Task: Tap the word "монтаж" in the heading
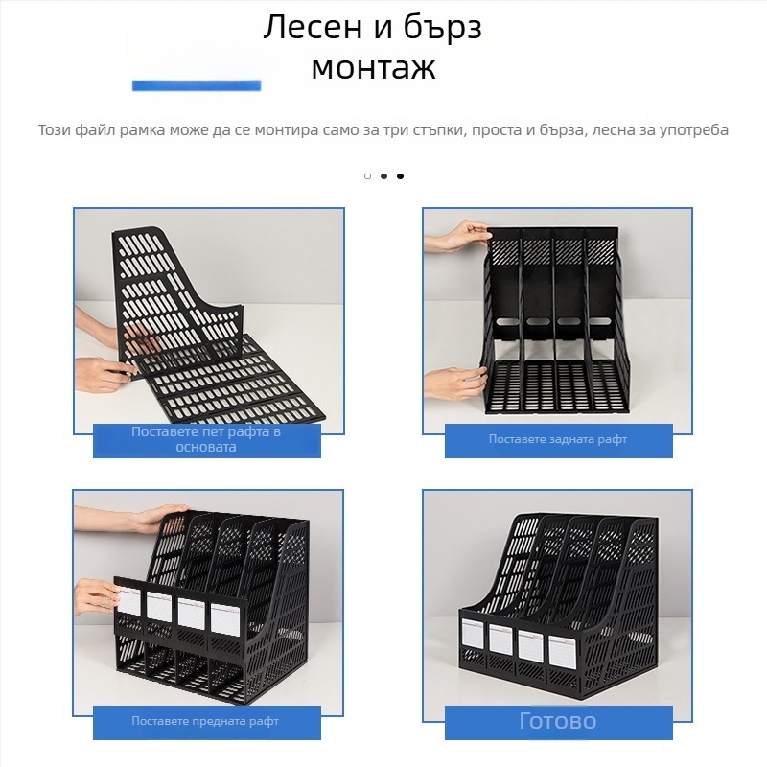point(373,68)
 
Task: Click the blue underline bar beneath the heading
point(197,85)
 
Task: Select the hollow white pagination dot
point(367,176)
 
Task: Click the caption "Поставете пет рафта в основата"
point(206,439)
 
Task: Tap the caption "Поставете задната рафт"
point(557,439)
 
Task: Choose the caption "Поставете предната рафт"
point(206,721)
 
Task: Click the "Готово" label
point(557,721)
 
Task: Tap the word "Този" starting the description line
point(56,130)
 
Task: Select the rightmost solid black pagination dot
point(400,176)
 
